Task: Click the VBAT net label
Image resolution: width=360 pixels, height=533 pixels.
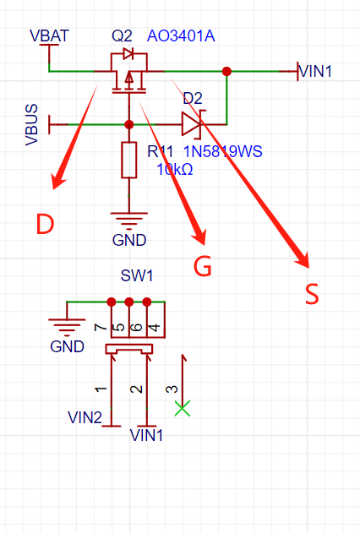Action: coord(49,35)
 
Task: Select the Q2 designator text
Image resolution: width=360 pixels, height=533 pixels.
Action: coord(122,35)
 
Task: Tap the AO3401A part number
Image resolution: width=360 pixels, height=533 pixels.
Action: coord(181,36)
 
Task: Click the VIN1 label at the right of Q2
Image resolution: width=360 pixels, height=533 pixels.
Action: coord(315,72)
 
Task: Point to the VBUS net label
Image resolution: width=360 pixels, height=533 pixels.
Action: coord(31,125)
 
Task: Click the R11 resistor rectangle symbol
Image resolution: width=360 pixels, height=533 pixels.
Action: coord(128,160)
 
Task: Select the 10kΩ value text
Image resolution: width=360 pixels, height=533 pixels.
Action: coord(175,169)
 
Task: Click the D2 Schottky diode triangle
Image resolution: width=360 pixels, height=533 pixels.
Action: coord(192,124)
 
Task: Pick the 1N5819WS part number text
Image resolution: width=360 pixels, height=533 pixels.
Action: coord(223,151)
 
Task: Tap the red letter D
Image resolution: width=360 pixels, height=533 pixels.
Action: coord(46,224)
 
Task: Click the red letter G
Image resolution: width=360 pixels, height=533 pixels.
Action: coord(203,266)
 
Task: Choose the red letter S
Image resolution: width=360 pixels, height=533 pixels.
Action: coord(312,294)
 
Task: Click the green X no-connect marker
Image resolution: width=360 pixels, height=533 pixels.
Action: coord(183,408)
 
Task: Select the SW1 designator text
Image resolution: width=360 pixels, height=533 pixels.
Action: coord(137,275)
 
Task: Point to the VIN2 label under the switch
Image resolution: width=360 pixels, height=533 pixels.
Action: coord(85,417)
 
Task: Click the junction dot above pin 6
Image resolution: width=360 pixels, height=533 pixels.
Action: coord(128,302)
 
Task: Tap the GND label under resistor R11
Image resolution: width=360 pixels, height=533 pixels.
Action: coord(129,240)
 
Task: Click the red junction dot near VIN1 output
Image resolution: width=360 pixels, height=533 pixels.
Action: coord(226,72)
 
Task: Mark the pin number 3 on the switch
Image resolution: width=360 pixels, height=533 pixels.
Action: coord(172,389)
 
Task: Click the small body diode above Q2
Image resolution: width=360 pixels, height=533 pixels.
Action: coord(128,53)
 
